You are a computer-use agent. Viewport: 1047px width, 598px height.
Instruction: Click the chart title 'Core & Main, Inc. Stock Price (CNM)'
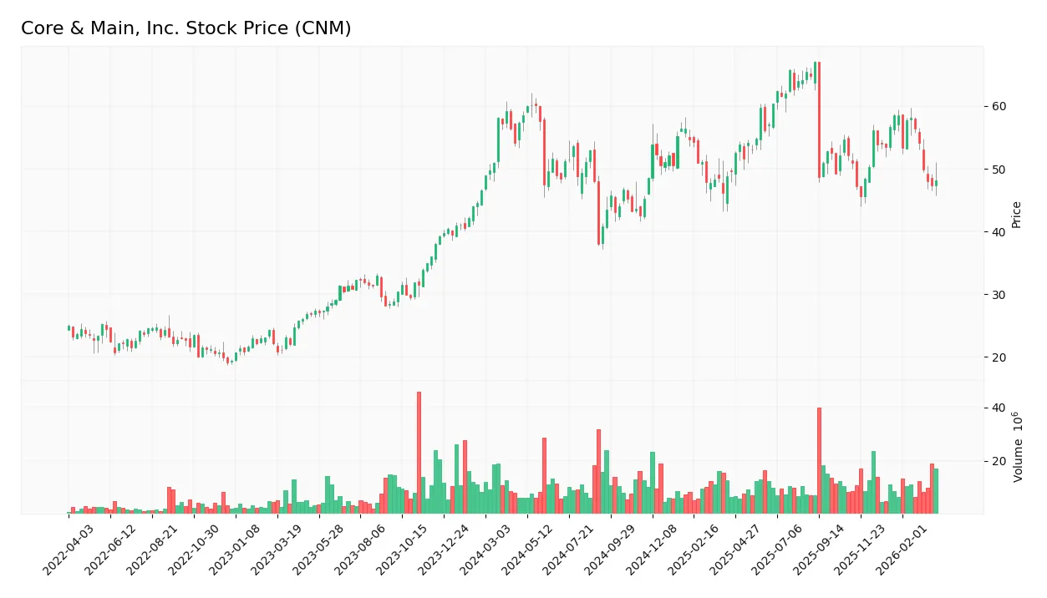(186, 28)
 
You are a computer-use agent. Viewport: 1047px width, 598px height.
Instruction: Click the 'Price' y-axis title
(1016, 215)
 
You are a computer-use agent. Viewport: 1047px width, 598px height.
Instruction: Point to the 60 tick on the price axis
(999, 107)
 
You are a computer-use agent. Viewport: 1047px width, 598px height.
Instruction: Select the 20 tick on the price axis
(999, 357)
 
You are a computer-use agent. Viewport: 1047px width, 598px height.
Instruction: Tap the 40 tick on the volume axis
(999, 408)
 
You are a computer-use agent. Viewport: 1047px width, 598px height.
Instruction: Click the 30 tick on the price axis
(999, 295)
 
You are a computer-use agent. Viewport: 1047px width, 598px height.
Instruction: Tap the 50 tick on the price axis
(999, 170)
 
